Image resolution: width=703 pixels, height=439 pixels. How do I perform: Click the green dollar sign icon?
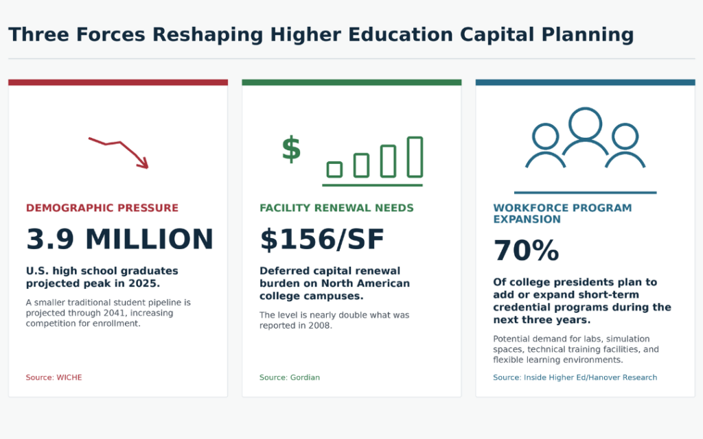point(291,149)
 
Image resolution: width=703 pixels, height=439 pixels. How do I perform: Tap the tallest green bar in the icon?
point(415,157)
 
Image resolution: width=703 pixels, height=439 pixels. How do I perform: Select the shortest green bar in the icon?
point(334,170)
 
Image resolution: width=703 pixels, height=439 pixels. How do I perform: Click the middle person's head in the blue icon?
point(585,123)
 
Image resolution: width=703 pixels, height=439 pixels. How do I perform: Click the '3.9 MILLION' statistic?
point(119,239)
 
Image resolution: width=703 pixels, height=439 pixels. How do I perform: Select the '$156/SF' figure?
point(322,239)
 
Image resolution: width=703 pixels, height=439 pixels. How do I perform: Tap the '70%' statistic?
point(526,250)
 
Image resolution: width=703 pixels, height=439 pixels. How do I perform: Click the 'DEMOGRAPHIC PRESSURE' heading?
point(102,208)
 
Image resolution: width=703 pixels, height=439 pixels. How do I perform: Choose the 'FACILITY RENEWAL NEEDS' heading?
point(336,208)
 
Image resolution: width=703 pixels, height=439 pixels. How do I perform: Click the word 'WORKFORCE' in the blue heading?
point(526,208)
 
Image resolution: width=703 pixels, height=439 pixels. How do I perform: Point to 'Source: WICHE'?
point(54,378)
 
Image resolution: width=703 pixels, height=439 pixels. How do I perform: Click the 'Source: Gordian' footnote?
point(290,378)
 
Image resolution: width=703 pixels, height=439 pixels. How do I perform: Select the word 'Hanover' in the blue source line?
point(603,378)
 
